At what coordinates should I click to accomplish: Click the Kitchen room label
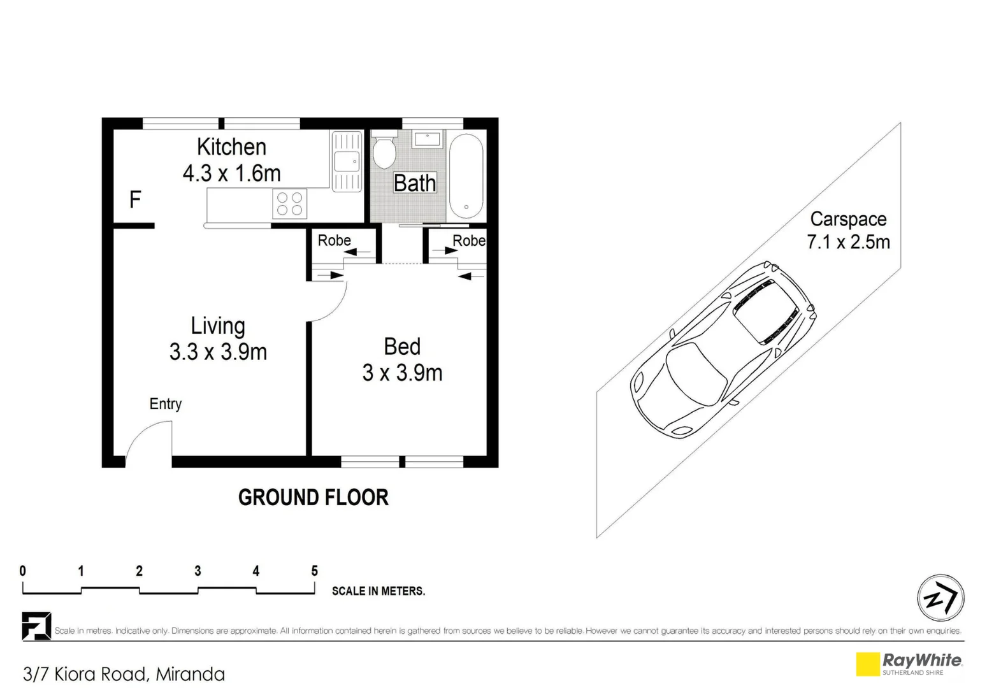point(231,147)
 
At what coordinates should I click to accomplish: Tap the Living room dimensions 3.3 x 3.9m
point(218,352)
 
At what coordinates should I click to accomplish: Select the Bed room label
point(402,347)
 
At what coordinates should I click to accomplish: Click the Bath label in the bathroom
point(415,183)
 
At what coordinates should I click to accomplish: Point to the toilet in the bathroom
point(384,151)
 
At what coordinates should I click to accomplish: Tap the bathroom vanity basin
point(427,139)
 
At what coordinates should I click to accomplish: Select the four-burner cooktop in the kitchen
point(289,204)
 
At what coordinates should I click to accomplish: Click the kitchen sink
point(347,162)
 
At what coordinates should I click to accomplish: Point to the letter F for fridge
point(135,200)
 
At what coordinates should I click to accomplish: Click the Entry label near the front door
point(166,404)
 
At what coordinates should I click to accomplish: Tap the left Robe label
point(335,240)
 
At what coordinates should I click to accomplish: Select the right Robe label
point(469,240)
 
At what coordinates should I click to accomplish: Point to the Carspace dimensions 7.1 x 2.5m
point(848,243)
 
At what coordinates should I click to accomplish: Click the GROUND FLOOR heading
point(313,498)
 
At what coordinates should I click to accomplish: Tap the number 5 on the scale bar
point(314,571)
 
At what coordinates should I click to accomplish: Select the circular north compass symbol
point(940,598)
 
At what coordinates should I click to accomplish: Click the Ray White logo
point(909,663)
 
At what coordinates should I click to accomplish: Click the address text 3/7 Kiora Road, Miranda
point(124,674)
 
